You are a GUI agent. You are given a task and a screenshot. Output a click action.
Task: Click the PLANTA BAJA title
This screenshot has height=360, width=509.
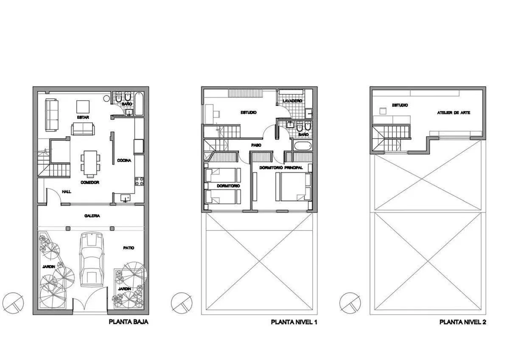coord(129,322)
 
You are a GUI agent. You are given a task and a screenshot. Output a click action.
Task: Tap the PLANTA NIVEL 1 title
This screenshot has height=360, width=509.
coord(294,322)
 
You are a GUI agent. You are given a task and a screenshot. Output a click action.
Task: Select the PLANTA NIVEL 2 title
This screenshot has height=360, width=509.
coord(463,322)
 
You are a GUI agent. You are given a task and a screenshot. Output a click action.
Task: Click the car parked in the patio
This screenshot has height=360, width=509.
coord(92,259)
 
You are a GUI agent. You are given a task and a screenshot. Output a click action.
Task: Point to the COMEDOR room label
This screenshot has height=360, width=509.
coord(90,183)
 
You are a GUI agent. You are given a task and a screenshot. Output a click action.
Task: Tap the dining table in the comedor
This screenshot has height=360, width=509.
coord(90,163)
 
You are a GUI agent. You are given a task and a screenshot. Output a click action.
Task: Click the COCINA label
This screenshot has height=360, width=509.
coord(124,160)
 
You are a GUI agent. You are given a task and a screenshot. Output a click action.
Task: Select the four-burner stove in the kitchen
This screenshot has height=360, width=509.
coord(139,182)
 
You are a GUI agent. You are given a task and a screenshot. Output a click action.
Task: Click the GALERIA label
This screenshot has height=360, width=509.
coord(92,216)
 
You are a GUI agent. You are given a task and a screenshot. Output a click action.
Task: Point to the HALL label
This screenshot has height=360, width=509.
coord(67,192)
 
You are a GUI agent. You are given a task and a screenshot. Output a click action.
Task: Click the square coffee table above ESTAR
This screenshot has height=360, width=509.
coord(83,107)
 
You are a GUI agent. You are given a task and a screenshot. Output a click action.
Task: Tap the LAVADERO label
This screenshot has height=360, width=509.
coord(292,101)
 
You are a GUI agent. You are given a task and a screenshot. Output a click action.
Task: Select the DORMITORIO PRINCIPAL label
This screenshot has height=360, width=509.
coord(281,168)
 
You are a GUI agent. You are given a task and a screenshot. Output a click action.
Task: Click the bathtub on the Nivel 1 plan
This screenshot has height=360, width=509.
coord(302,146)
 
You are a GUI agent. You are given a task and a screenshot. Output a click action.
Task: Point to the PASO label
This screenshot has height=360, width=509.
coord(256,145)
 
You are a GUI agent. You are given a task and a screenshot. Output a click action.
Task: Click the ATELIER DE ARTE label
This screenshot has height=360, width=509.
coord(453,113)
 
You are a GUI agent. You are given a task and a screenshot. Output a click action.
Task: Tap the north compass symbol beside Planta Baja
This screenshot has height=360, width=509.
coord(14,303)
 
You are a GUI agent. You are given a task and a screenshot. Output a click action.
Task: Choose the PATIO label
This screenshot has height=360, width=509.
coord(129,248)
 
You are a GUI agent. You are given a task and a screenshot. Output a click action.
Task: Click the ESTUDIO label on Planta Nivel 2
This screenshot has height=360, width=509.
coord(400,105)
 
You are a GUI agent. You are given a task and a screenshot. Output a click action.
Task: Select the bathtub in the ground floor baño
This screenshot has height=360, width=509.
coord(139,104)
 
